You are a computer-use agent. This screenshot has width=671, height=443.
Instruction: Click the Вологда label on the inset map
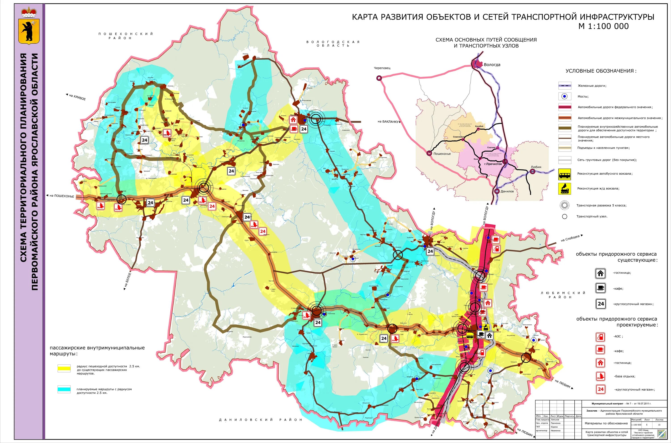pyautogui.click(x=492, y=65)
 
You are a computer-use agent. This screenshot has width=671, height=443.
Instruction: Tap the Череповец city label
pyautogui.click(x=382, y=68)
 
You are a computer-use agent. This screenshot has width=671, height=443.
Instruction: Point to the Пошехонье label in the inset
pyautogui.click(x=442, y=154)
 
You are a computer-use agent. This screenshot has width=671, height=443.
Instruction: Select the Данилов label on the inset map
pyautogui.click(x=507, y=191)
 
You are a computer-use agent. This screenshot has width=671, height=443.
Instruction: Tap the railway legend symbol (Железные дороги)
pyautogui.click(x=565, y=86)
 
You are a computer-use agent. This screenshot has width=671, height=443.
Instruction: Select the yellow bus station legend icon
pyautogui.click(x=565, y=174)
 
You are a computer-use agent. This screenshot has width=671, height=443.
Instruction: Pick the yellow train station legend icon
pyautogui.click(x=565, y=188)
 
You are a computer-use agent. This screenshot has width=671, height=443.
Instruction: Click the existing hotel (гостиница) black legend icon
pyautogui.click(x=600, y=273)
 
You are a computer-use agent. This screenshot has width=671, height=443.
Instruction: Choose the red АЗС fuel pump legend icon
pyautogui.click(x=600, y=337)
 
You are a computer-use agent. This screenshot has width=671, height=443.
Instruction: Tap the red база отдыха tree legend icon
pyautogui.click(x=600, y=376)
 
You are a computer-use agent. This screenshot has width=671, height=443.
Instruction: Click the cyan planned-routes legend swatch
pyautogui.click(x=64, y=389)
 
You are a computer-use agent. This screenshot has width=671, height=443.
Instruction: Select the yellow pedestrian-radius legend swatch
pyautogui.click(x=64, y=368)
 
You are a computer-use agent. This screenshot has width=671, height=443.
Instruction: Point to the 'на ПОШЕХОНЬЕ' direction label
pyautogui.click(x=62, y=196)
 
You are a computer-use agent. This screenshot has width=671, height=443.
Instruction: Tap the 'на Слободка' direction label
pyautogui.click(x=570, y=238)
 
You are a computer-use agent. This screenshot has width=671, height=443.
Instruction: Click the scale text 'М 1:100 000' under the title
pyautogui.click(x=603, y=26)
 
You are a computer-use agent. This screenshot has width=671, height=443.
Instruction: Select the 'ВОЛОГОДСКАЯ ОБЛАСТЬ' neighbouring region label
pyautogui.click(x=333, y=43)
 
